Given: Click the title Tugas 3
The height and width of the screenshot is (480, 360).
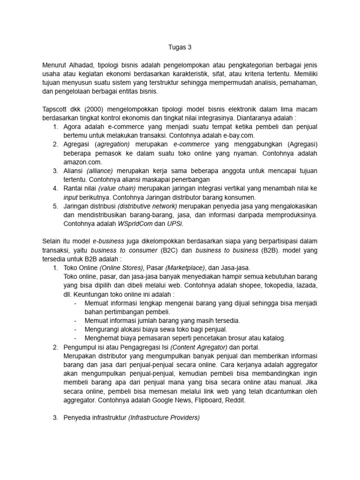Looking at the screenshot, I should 180,47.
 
